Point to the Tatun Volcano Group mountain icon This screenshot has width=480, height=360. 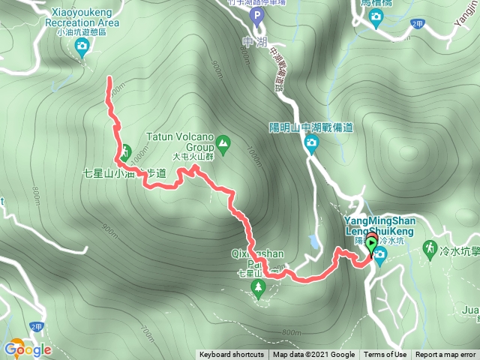223,142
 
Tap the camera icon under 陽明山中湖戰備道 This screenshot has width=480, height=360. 310,143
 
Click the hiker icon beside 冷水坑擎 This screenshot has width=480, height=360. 430,247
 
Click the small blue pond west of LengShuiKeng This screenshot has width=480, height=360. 312,241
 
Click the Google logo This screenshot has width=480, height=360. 27,349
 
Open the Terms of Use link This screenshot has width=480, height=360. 385,355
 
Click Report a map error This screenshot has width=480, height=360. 446,355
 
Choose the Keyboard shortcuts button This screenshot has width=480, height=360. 232,355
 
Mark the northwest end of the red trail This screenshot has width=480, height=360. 110,78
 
